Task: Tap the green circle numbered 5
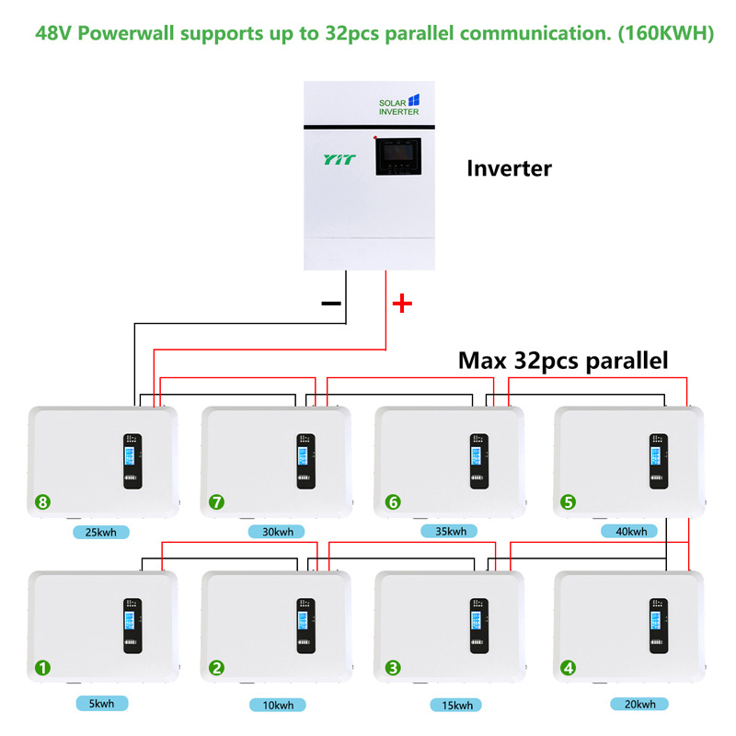coord(568,502)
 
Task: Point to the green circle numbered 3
coord(393,668)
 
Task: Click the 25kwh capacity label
coord(102,532)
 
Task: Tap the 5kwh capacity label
coord(101,704)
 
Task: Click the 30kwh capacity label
coord(276,532)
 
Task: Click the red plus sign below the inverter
coord(402,304)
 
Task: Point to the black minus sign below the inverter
coord(330,303)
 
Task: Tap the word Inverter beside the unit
coord(509,168)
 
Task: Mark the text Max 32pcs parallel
coord(563,360)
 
